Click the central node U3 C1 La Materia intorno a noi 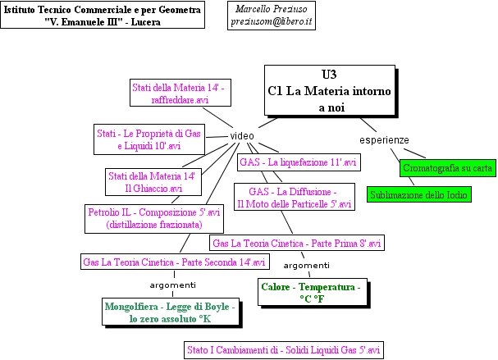(329, 90)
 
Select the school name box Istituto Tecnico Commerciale (103, 15)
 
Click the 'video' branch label (241, 135)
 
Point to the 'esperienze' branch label (384, 140)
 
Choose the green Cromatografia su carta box (447, 168)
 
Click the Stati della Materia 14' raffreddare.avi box (180, 93)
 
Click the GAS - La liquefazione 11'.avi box (298, 162)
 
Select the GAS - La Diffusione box (293, 197)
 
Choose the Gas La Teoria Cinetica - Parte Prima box (297, 243)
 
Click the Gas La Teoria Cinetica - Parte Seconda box (175, 262)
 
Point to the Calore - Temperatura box (310, 293)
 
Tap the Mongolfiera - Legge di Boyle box (171, 312)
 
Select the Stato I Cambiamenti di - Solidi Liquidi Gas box (284, 350)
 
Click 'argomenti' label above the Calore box (306, 266)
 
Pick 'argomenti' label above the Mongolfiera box (172, 285)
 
